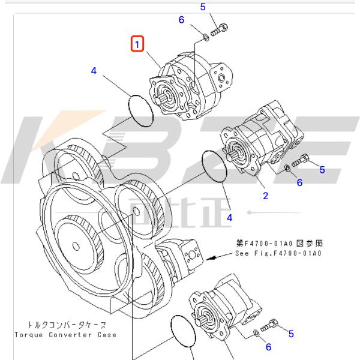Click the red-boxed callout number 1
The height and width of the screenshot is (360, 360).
coord(138,44)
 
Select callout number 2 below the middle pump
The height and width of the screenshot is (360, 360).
coord(265,196)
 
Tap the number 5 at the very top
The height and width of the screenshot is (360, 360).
coord(203,7)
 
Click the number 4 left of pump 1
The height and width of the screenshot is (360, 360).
coord(94,71)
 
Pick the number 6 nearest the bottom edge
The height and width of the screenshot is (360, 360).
coord(268,347)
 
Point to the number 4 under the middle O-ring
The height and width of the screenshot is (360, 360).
coord(229,217)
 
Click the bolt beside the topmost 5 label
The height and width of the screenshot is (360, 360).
coord(220,28)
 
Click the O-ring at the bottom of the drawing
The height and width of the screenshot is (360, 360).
coord(183,331)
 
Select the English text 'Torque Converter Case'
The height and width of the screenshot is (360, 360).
coord(66,334)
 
